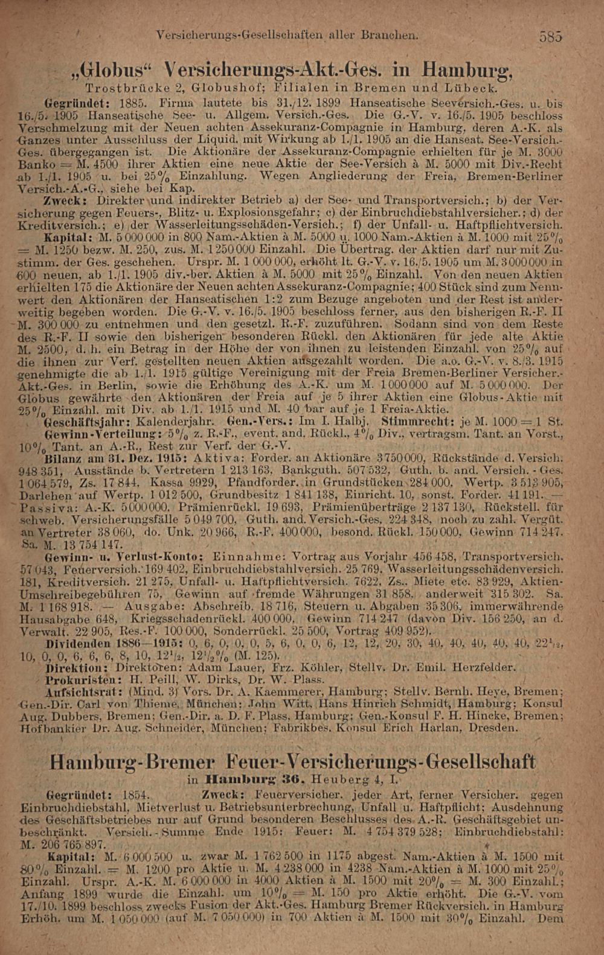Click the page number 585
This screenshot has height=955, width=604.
[551, 36]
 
